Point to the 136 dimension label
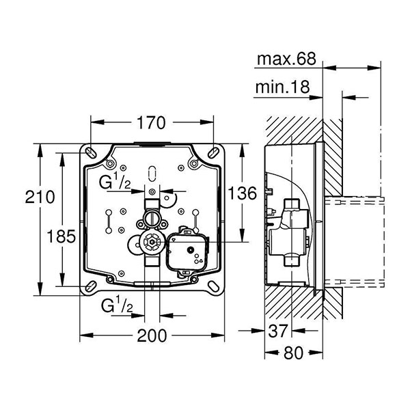pyautogui.click(x=242, y=193)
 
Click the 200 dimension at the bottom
pyautogui.click(x=152, y=335)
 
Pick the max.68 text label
pyautogui.click(x=286, y=60)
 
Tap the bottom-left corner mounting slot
pyautogui.click(x=90, y=285)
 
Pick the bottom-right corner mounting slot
pyautogui.click(x=214, y=285)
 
